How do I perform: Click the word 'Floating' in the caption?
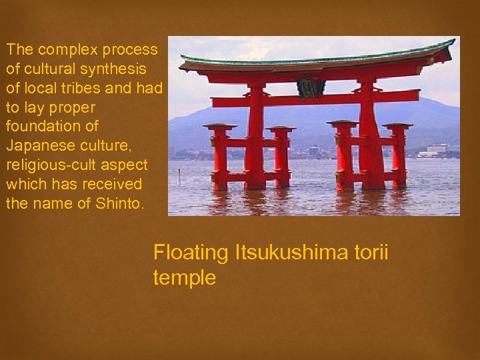[x=191, y=253]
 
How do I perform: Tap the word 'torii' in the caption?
[x=371, y=253]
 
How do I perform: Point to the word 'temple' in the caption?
[x=185, y=277]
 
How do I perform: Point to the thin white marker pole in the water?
[x=179, y=176]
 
